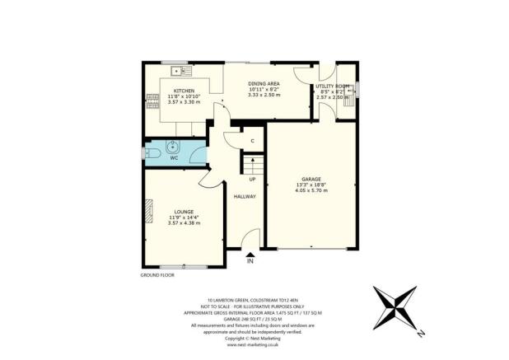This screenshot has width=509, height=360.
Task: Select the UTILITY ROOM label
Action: pyautogui.click(x=334, y=86)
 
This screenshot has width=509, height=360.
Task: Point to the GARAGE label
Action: pyautogui.click(x=311, y=179)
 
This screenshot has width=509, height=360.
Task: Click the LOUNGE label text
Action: pyautogui.click(x=184, y=212)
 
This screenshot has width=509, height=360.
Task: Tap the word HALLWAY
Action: pyautogui.click(x=245, y=196)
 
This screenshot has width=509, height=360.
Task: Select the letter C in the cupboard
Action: pyautogui.click(x=253, y=141)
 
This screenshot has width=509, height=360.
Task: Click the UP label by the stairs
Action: pyautogui.click(x=252, y=178)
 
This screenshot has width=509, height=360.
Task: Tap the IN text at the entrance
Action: pyautogui.click(x=250, y=262)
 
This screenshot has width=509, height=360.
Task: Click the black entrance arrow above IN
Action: pyautogui.click(x=250, y=254)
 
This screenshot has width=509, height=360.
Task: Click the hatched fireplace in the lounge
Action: pyautogui.click(x=148, y=213)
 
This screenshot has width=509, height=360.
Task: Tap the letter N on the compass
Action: pyautogui.click(x=419, y=334)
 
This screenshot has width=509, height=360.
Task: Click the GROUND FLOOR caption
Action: pyautogui.click(x=159, y=274)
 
